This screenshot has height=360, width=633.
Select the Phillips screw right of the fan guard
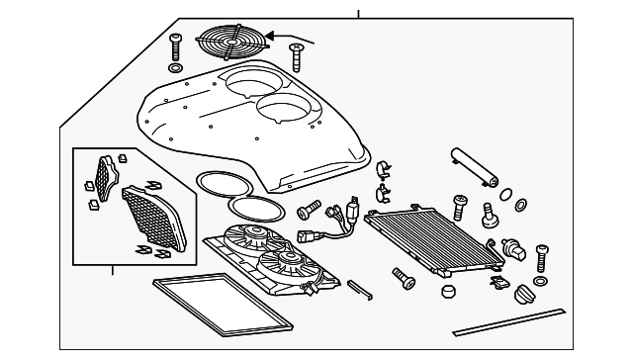(x=296, y=55)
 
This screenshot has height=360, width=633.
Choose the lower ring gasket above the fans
(x=253, y=209)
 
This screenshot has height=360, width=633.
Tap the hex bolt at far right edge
(x=541, y=258)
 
